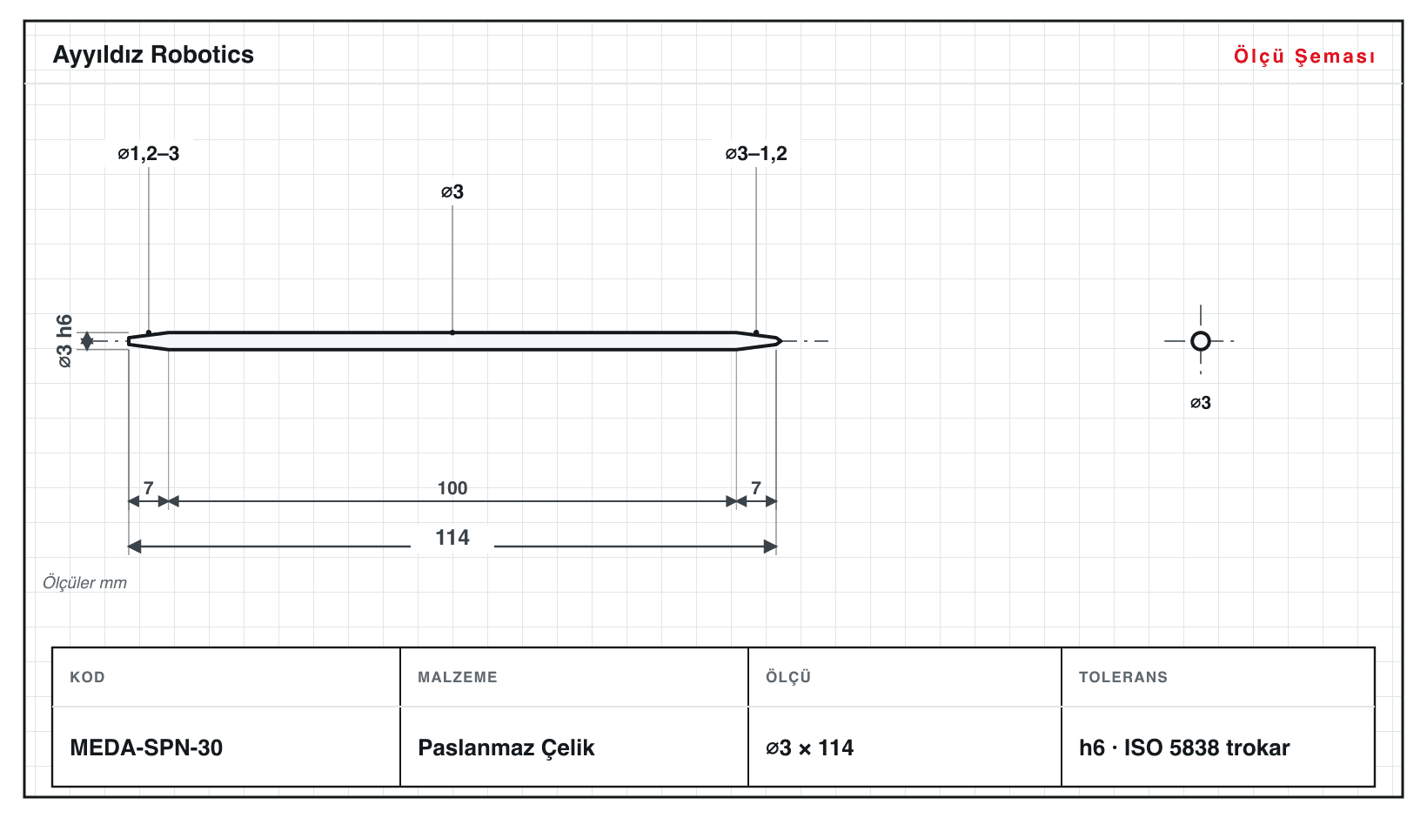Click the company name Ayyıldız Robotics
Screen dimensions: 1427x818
(x=153, y=56)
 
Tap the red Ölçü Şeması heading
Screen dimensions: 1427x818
(x=1304, y=56)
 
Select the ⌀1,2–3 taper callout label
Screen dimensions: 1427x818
(x=149, y=153)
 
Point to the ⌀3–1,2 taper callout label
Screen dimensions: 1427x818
(x=756, y=153)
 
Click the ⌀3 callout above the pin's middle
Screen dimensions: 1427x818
(x=452, y=191)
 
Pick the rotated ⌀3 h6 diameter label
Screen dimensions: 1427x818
(x=65, y=341)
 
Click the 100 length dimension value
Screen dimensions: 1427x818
(x=452, y=488)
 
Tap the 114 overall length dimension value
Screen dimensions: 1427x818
(x=452, y=538)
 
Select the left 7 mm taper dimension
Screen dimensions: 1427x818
(x=149, y=488)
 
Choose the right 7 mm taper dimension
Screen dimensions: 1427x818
(x=756, y=488)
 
